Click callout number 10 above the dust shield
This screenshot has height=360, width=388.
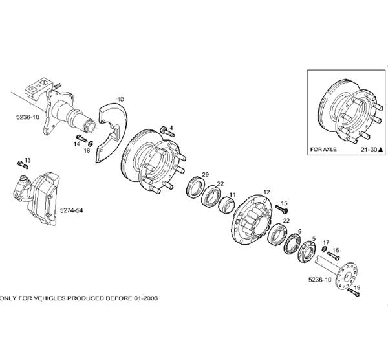coord(120,98)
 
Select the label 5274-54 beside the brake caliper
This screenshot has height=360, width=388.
coord(70,211)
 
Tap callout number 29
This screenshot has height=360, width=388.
coord(205,175)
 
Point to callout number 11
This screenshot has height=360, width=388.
coord(232,195)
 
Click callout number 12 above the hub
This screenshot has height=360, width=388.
coord(266,192)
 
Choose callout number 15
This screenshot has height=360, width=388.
coord(284,203)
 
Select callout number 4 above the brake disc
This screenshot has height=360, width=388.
coord(171,126)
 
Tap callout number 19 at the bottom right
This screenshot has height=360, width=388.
coord(357,287)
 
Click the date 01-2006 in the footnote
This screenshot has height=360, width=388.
coord(142,298)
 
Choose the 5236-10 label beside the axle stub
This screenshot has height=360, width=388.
coord(28,117)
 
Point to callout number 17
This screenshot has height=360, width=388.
coord(326,242)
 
